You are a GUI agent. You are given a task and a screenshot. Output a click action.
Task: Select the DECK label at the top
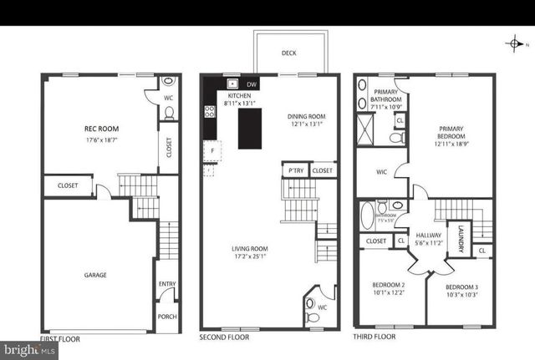point(288,53)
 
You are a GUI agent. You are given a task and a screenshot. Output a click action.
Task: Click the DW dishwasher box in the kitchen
point(252,84)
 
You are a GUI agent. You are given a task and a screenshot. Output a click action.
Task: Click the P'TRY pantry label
point(295,170)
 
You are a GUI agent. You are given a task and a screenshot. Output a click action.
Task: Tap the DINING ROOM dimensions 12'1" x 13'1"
point(306,125)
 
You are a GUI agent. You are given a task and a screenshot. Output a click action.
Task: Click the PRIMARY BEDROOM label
point(452,134)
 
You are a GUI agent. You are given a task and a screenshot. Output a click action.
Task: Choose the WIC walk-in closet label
point(381,173)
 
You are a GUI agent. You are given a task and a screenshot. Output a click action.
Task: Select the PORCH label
point(166,317)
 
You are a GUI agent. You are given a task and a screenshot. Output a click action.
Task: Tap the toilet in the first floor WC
point(168,83)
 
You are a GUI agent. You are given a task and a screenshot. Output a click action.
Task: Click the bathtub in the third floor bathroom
point(368,216)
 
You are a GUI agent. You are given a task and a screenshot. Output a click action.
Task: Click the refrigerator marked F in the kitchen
point(211,152)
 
